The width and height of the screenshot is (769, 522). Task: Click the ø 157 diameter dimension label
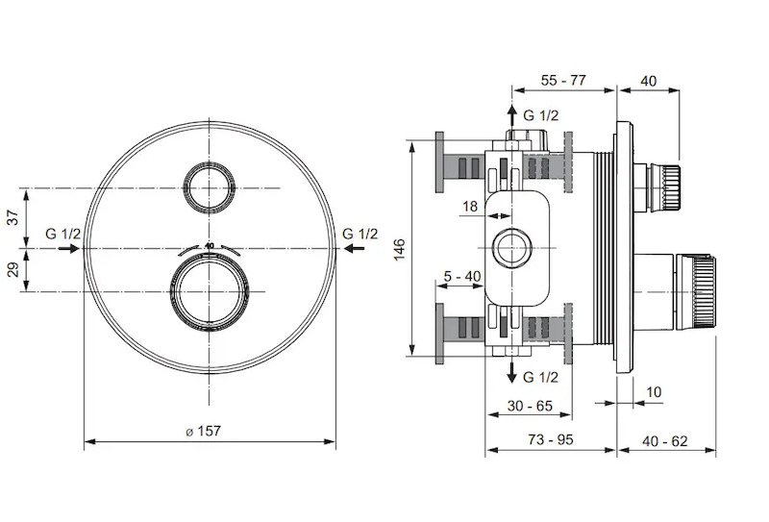204,432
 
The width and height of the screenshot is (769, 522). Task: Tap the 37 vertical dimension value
13,217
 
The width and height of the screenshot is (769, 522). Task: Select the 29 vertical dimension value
13,269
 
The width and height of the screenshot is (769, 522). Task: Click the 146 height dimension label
400,249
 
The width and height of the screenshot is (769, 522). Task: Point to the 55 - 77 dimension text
563,80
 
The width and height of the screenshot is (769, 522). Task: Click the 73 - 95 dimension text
551,439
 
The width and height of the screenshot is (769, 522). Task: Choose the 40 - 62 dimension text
664,441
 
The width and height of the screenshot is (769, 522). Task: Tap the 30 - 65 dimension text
530,406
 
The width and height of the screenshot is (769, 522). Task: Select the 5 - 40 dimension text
462,277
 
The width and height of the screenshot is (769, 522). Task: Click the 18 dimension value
470,207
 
